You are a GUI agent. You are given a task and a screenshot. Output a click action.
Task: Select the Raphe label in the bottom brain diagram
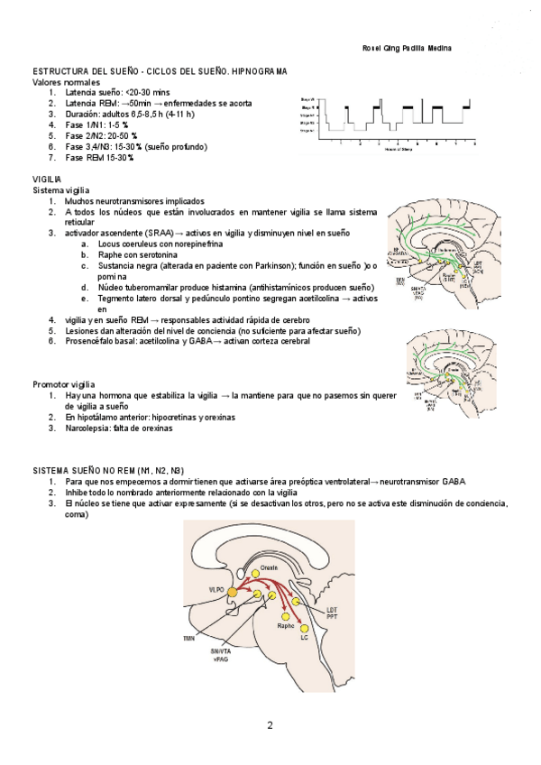(286, 625)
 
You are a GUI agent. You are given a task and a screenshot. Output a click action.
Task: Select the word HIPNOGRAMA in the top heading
(259, 71)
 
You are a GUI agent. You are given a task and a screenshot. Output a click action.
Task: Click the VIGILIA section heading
(47, 180)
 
